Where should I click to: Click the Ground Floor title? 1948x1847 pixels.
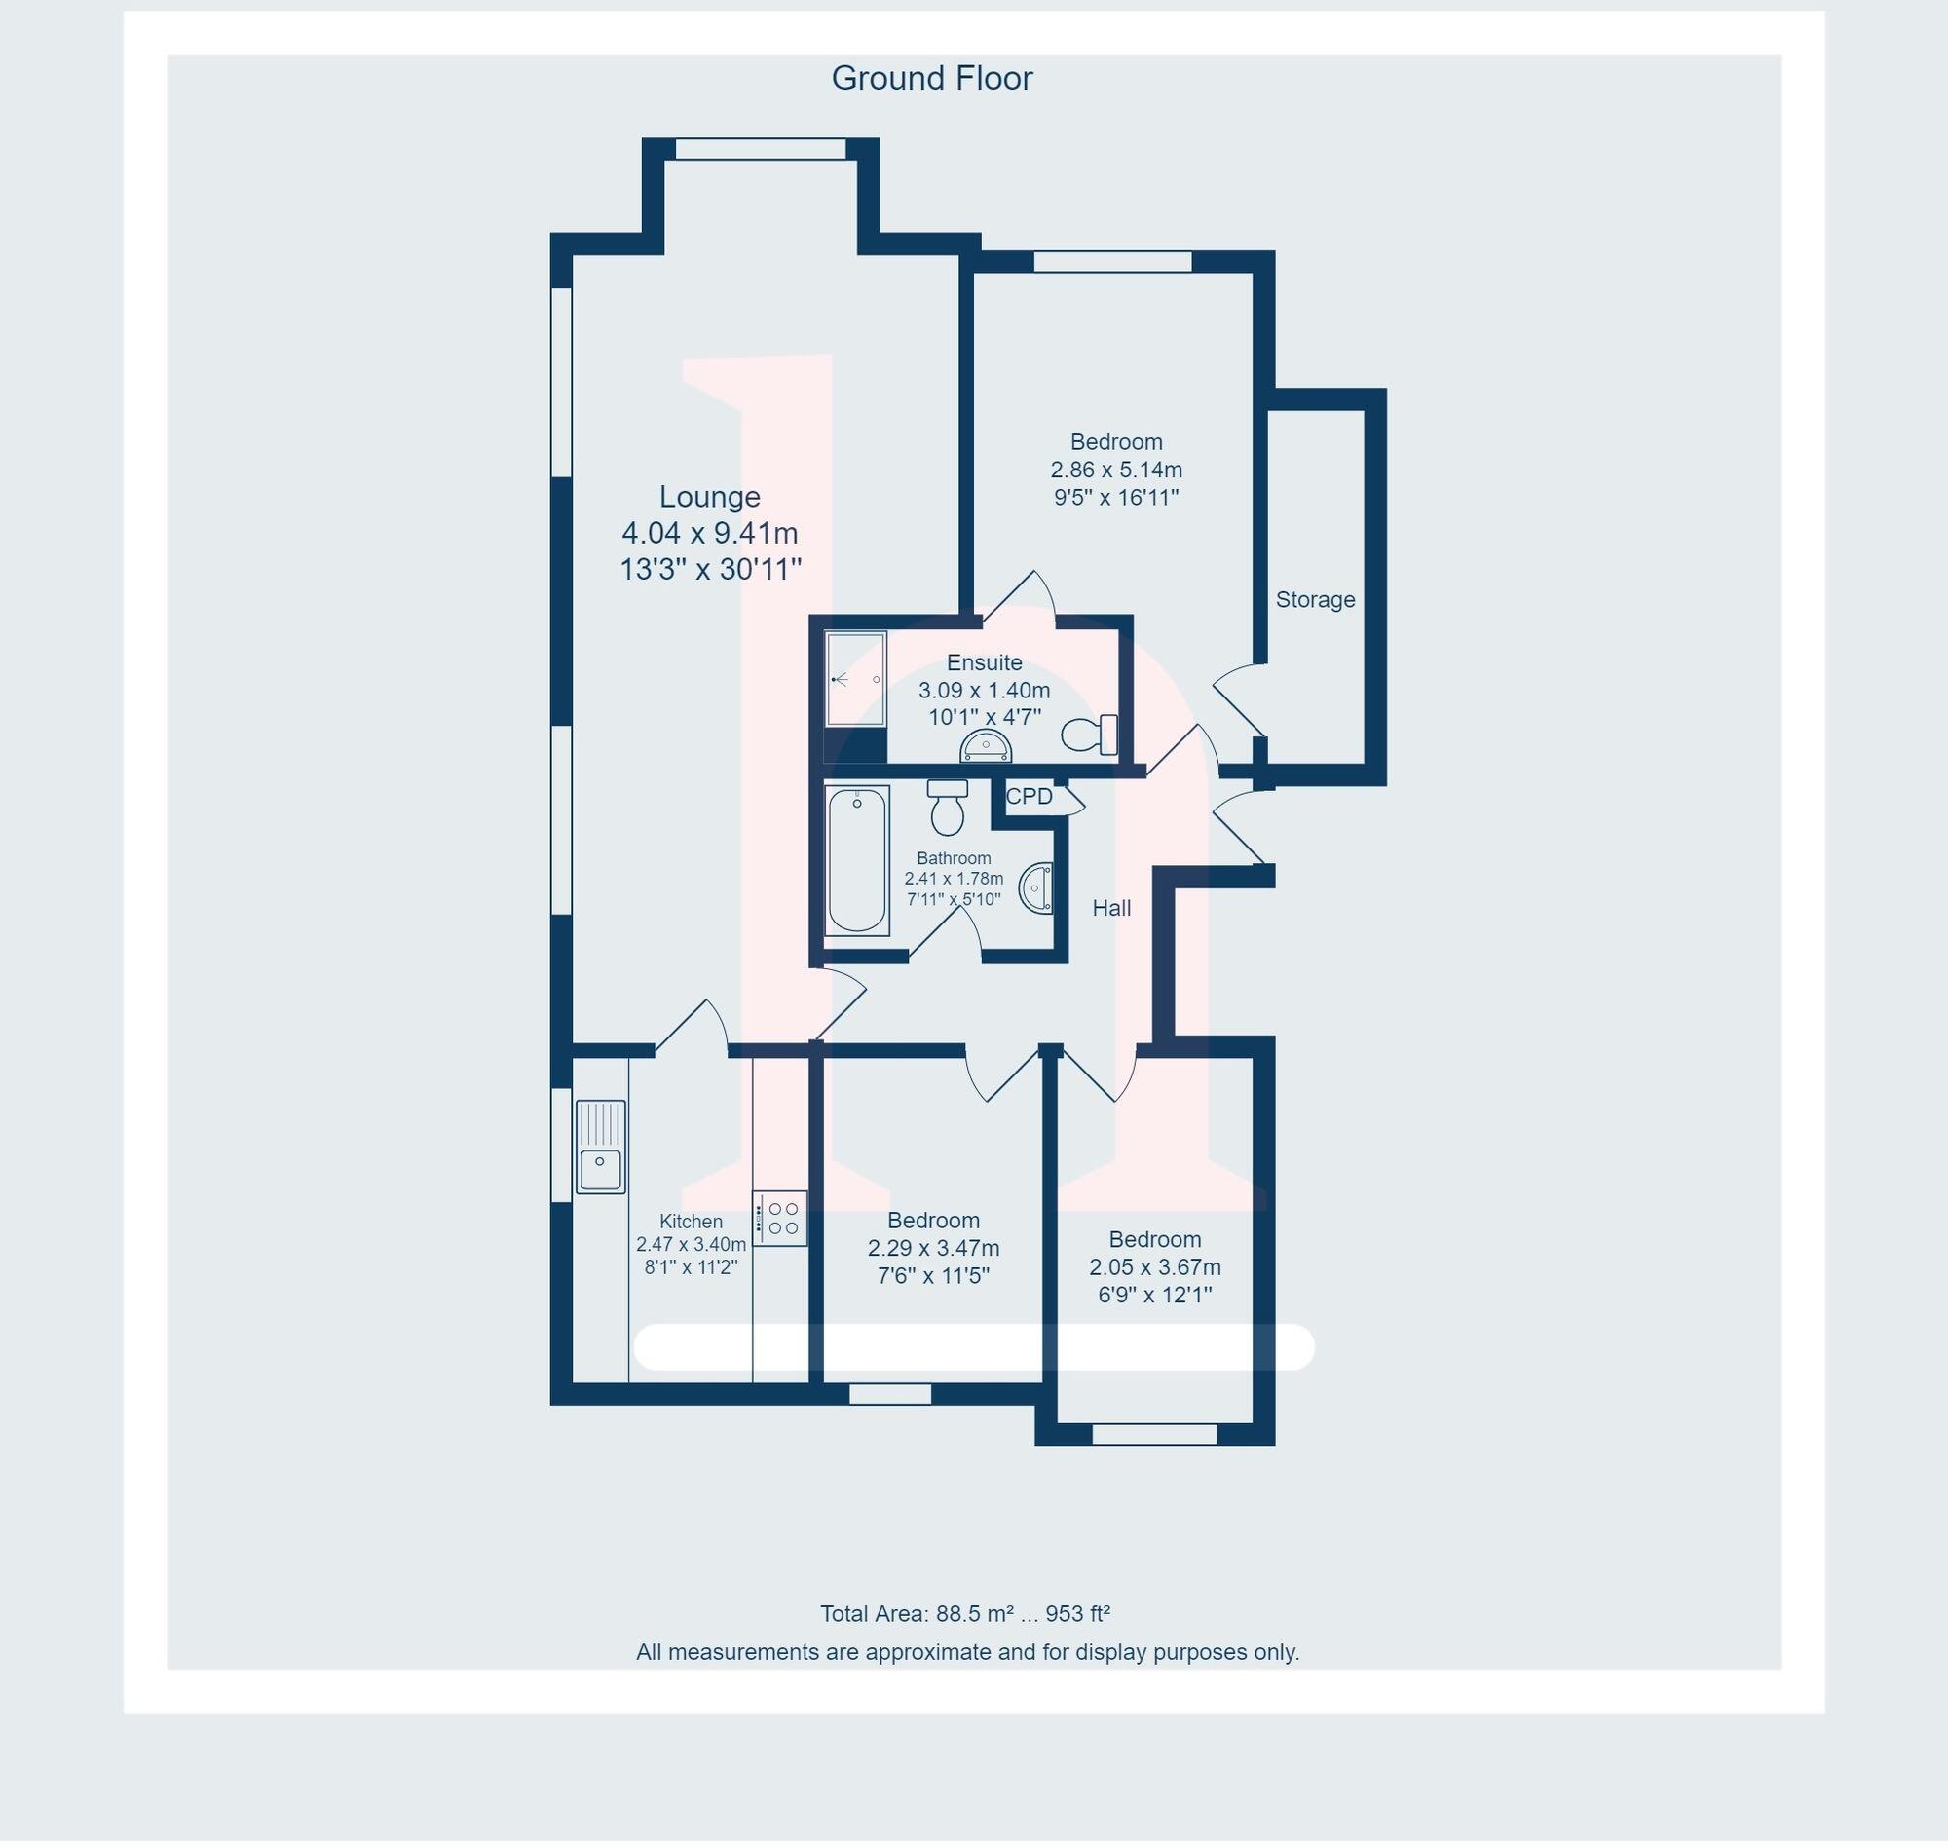[x=931, y=79]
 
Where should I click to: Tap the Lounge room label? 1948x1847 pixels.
[x=709, y=496]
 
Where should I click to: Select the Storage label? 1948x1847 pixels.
[x=1314, y=599]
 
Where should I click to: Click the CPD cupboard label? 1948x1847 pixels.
[x=1029, y=797]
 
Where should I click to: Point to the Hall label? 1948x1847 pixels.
[x=1110, y=908]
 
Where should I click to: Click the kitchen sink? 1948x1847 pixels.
[x=599, y=1147]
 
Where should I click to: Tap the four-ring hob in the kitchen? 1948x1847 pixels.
[x=780, y=1218]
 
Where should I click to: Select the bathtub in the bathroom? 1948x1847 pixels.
[x=856, y=859]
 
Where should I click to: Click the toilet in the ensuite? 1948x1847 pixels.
[x=1089, y=735]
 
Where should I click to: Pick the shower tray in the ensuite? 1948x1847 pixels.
[x=854, y=678]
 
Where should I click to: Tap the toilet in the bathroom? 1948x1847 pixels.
[x=947, y=807]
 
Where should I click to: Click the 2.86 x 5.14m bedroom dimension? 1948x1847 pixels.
[x=1115, y=471]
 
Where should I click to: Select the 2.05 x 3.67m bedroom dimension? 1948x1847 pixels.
[x=1153, y=1267]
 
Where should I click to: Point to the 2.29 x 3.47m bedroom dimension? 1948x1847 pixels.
[x=932, y=1249]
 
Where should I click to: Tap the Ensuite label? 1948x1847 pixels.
[x=984, y=662]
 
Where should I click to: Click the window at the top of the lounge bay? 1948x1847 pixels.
[x=760, y=150]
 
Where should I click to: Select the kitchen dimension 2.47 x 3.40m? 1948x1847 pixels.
[x=690, y=1244]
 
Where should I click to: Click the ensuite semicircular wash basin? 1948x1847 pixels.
[x=986, y=748]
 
